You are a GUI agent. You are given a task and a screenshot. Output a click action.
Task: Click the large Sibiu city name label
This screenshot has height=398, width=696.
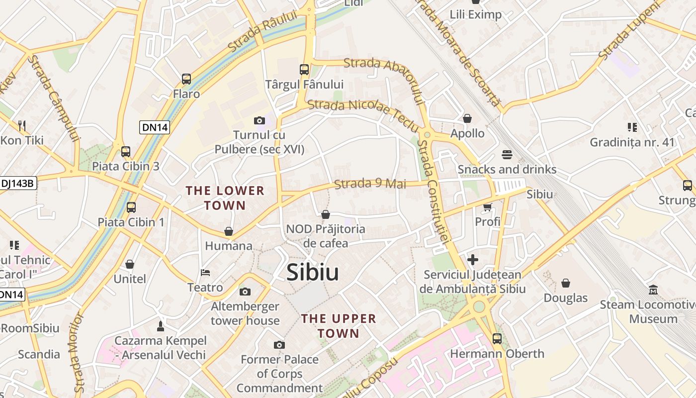pyautogui.click(x=313, y=272)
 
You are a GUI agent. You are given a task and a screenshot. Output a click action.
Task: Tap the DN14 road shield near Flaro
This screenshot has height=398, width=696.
pyautogui.click(x=155, y=127)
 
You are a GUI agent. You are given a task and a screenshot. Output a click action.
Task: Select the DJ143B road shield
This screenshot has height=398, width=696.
pyautogui.click(x=18, y=183)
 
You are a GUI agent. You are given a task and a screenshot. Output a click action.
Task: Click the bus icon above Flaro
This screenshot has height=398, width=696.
pyautogui.click(x=186, y=79)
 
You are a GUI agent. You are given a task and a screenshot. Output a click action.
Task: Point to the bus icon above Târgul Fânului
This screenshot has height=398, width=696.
pyautogui.click(x=304, y=70)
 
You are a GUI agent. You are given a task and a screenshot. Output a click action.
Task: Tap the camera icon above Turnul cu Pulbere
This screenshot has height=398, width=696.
pyautogui.click(x=259, y=120)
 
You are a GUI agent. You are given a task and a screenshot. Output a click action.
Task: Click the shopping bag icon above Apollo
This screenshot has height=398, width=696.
pyautogui.click(x=467, y=118)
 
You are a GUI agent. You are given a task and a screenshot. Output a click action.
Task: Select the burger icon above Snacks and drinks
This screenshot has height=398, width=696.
pyautogui.click(x=507, y=155)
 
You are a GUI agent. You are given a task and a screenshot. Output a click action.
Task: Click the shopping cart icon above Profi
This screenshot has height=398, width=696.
pyautogui.click(x=487, y=207)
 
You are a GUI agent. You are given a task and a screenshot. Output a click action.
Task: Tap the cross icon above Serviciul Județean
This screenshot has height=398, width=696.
pyautogui.click(x=472, y=260)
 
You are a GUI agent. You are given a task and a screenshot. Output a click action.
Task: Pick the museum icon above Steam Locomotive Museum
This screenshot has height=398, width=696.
pyautogui.click(x=653, y=290)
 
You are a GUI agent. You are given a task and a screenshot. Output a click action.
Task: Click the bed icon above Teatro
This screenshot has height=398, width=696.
pyautogui.click(x=205, y=273)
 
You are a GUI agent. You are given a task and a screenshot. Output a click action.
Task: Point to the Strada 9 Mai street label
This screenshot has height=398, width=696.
pyautogui.click(x=370, y=184)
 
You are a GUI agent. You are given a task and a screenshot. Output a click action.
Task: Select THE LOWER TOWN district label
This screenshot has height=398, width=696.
pyautogui.click(x=225, y=198)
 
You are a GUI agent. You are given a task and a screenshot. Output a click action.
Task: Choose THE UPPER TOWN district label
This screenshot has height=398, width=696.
pyautogui.click(x=339, y=326)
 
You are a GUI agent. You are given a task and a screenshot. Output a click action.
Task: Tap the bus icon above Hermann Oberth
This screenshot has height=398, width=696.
pyautogui.click(x=497, y=339)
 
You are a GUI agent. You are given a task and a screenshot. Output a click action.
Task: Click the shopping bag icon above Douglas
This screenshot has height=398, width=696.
pyautogui.click(x=566, y=283)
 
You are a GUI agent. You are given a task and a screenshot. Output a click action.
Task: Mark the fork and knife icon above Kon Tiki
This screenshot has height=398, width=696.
pyautogui.click(x=21, y=125)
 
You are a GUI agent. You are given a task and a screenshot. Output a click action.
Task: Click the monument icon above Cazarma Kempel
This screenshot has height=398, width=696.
pyautogui.click(x=160, y=326)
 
